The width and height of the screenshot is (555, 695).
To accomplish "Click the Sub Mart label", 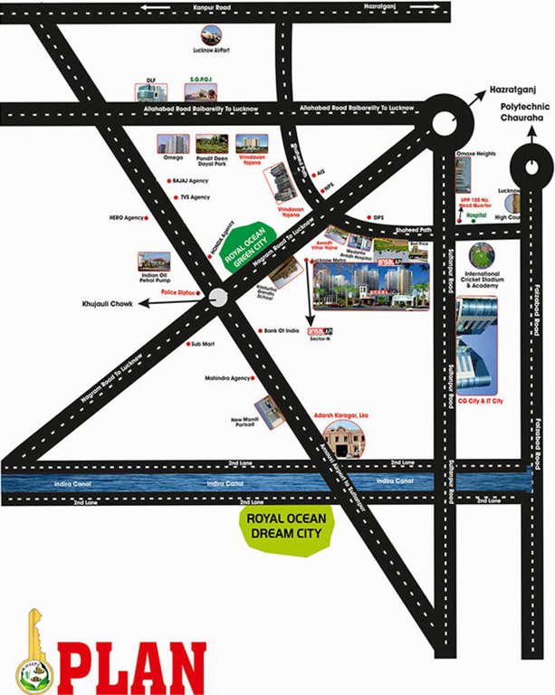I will coord(203,344).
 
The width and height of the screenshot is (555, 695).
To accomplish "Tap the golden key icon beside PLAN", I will coord(33,651).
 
